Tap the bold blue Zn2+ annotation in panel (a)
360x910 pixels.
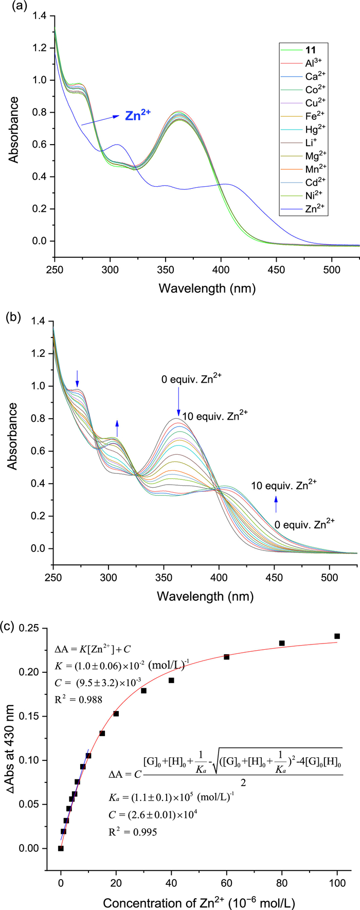138,115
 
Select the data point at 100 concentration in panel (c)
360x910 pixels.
337,636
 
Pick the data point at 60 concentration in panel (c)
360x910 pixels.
226,657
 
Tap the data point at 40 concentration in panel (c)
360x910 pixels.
171,680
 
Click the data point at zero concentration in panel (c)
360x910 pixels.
61,848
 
